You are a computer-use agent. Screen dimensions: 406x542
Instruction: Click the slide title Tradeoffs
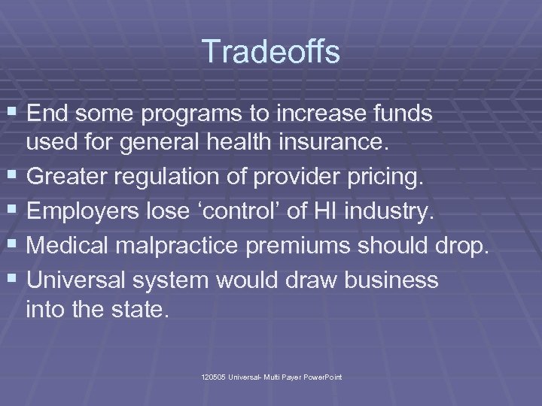271,53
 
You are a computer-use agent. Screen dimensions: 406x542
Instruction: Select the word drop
464,245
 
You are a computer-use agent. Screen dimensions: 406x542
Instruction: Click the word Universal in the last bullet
80,280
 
